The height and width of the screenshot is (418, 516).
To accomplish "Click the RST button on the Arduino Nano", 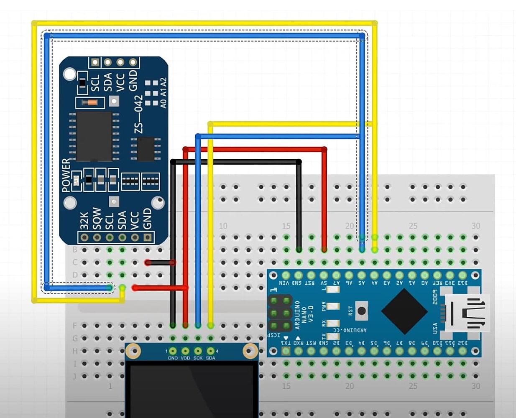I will [x=362, y=311].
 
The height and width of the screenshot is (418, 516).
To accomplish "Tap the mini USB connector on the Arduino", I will [x=466, y=313].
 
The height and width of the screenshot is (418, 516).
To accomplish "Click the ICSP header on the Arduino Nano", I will [x=280, y=313].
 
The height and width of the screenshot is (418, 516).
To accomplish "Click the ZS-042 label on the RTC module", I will [x=138, y=114].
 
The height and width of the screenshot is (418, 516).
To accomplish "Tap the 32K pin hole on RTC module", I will [x=84, y=237].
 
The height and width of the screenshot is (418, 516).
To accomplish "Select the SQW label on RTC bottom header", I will [x=97, y=219].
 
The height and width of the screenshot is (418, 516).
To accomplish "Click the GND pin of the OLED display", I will [x=173, y=351].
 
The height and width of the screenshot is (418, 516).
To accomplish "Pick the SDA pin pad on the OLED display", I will [x=211, y=351].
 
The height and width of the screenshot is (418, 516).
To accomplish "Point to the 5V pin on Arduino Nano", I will [x=324, y=275].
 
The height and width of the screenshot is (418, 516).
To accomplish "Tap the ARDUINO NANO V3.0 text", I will [x=304, y=314].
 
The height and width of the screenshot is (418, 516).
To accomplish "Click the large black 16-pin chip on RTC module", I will [x=94, y=136].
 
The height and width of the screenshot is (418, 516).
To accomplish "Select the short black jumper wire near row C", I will [x=160, y=263].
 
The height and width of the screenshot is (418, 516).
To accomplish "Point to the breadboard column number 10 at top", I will [x=223, y=226].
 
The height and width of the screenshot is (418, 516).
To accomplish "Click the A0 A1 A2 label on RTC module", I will [x=163, y=93].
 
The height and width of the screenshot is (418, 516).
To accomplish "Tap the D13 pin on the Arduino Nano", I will [x=462, y=275].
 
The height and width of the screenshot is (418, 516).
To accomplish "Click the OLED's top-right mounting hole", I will [x=250, y=351].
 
